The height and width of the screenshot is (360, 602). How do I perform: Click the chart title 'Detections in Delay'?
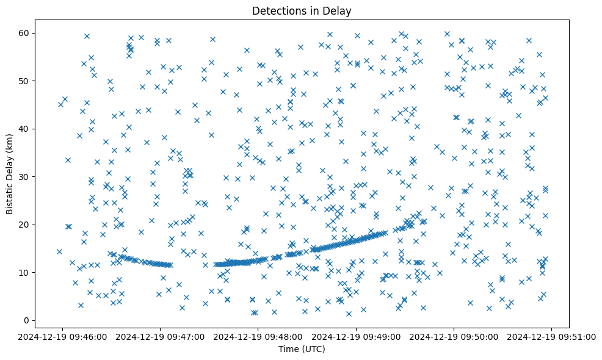coord(302,11)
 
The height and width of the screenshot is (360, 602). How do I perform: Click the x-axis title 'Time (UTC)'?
coord(302,350)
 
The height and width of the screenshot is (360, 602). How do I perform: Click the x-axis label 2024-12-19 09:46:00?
coord(62,336)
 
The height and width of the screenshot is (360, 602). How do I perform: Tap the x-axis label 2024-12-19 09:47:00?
coord(161,336)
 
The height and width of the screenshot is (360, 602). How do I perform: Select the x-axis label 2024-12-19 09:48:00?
coord(258,336)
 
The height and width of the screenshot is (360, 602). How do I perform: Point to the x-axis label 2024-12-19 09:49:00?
coord(357,336)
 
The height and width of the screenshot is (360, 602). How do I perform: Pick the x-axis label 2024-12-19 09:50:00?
coord(454,336)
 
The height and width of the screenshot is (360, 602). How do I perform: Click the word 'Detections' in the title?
coord(278,11)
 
